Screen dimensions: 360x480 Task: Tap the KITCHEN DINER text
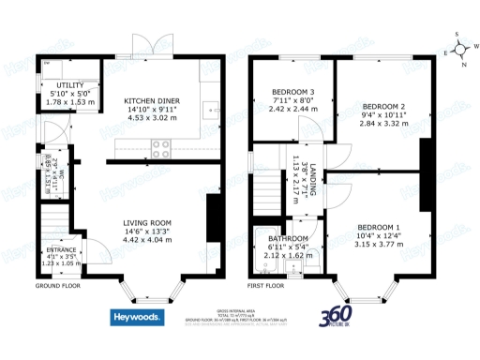[x=152, y=100]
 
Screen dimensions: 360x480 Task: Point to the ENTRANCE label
[x=62, y=250]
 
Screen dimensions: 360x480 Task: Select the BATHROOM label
[x=277, y=239]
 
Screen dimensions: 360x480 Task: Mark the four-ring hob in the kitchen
[x=159, y=146]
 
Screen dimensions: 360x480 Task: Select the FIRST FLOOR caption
[x=266, y=285]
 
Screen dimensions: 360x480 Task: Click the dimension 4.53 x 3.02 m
[x=152, y=119]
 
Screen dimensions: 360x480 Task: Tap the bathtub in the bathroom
[x=262, y=249]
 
